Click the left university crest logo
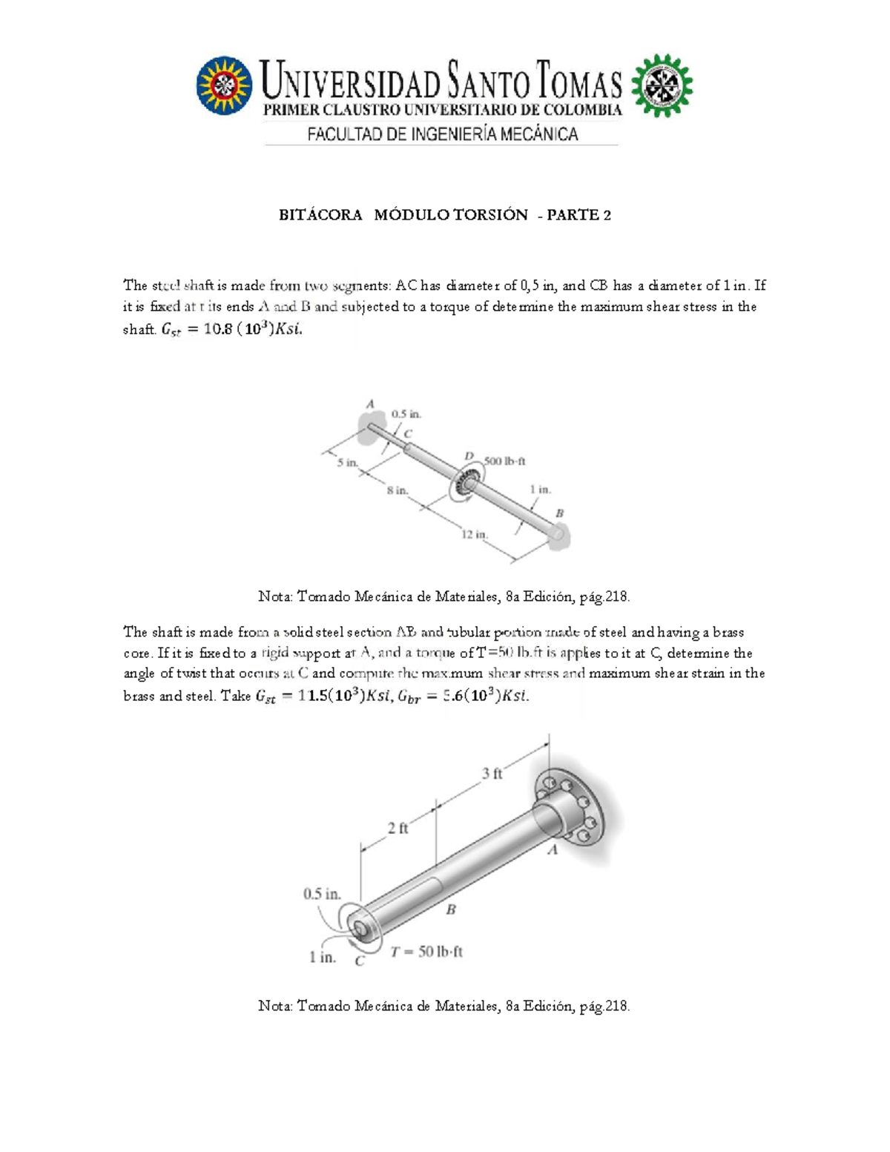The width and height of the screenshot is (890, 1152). pos(224,85)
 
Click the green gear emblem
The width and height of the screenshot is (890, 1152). pos(661,85)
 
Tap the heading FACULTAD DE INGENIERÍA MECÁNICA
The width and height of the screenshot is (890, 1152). pos(443,134)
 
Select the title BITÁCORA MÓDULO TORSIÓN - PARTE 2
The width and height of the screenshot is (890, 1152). pos(444,215)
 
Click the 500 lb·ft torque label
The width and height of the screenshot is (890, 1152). pos(505,461)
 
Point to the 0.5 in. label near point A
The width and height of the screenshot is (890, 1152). pos(406,414)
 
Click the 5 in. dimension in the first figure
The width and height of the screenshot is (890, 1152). pos(347,462)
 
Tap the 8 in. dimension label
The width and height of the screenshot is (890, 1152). pos(397,490)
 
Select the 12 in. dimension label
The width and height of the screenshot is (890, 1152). pos(474,534)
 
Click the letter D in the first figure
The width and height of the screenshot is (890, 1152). pos(469,455)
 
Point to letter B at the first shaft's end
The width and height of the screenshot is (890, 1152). pos(560,513)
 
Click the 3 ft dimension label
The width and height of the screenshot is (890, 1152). pos(492,774)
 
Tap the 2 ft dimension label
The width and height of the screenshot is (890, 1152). pos(398,828)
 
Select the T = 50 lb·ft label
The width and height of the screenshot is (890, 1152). pos(426,952)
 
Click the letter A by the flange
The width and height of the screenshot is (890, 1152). pos(552,850)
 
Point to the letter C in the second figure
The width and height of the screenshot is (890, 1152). pos(360,961)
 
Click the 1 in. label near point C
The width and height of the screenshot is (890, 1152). pos(323,958)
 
